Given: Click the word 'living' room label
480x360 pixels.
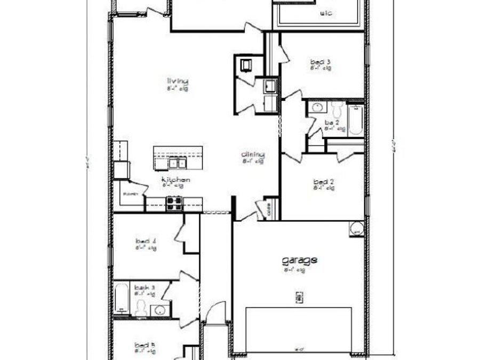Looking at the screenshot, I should click(178, 81).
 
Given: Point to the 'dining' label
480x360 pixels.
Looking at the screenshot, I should click(253, 155).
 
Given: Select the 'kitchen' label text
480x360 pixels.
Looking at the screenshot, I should click(176, 180).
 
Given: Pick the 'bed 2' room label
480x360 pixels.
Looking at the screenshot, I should click(324, 182).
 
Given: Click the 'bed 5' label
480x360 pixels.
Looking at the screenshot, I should click(145, 345).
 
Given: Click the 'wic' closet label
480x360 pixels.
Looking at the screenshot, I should click(327, 13).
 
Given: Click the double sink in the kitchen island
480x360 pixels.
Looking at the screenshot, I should click(176, 162).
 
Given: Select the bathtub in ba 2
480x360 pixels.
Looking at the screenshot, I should click(356, 120).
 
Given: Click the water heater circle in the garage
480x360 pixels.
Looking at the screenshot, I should click(356, 229).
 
